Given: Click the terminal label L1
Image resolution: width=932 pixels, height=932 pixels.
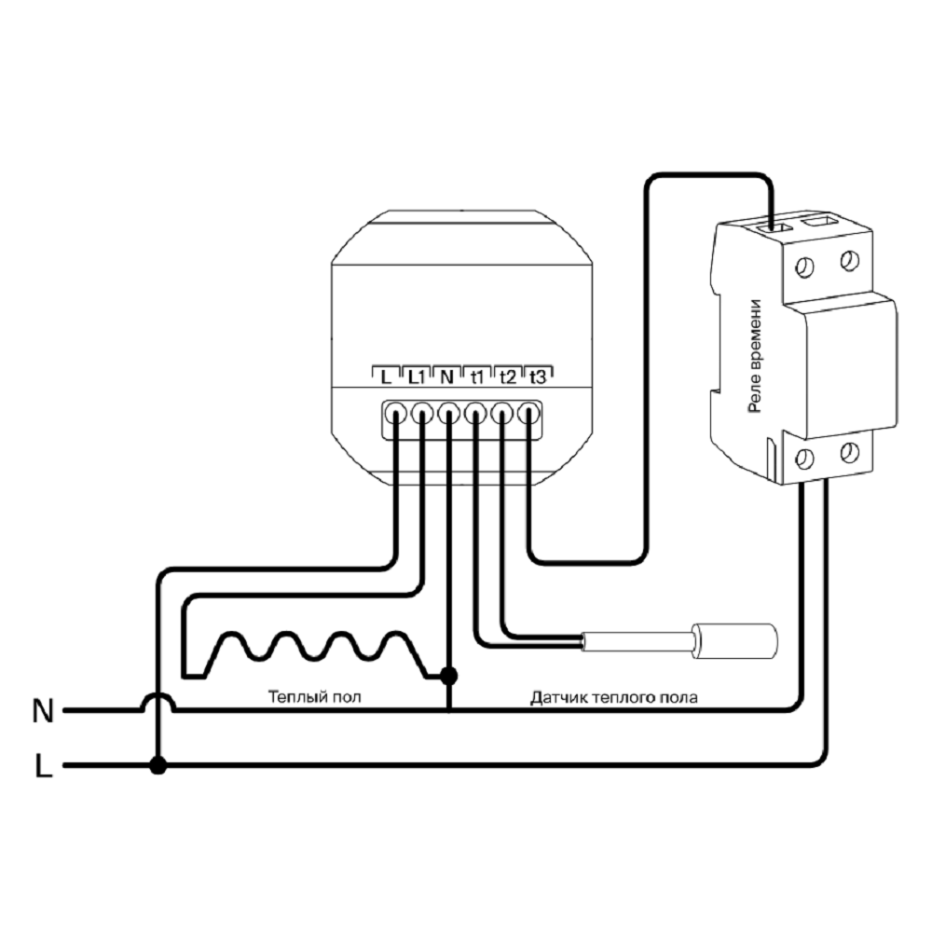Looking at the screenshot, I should pos(416,377).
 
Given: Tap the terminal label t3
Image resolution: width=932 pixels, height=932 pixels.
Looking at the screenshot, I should pos(538,377).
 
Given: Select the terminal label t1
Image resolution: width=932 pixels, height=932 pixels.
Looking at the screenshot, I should pos(477,377).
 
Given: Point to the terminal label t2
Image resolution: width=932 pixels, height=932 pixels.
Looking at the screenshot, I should pos(508,377).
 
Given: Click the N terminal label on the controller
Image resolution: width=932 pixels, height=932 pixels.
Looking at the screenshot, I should pos(446,377).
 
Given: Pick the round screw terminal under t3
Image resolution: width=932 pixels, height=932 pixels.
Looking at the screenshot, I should pos(529,411).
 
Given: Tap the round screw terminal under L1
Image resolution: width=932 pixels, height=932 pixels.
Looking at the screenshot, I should pos(422,411).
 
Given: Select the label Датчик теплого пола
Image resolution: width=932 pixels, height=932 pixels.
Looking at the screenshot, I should pos(613,696).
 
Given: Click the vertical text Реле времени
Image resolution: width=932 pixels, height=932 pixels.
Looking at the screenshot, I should pos(756,357).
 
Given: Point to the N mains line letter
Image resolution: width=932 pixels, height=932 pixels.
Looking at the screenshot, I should pos(43,712).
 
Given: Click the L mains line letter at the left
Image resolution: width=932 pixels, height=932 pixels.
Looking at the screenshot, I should pos(43,766).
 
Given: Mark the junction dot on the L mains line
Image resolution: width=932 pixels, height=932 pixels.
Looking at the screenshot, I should pos(158,766).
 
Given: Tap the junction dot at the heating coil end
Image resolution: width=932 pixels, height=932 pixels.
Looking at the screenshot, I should pos(449,673).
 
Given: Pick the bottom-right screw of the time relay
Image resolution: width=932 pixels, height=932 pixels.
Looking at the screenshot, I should pos(848,453).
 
